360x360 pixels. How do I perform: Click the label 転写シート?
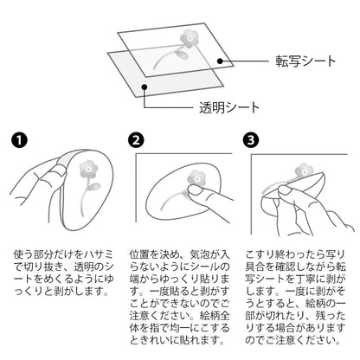click(305, 61)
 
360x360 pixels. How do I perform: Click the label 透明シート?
click(229, 107)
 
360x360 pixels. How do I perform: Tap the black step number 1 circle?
click(19, 140)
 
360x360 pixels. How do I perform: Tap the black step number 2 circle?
click(136, 140)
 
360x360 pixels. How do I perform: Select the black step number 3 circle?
click(251, 140)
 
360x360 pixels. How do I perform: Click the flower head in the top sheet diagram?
click(190, 39)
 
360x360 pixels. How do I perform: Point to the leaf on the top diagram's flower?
click(182, 55)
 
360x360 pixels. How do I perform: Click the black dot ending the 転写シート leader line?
click(220, 61)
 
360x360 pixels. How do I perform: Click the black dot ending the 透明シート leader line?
click(145, 87)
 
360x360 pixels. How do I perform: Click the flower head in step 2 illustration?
click(197, 178)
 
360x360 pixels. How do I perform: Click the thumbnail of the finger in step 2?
click(195, 190)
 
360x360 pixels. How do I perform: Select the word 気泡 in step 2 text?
click(200, 254)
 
